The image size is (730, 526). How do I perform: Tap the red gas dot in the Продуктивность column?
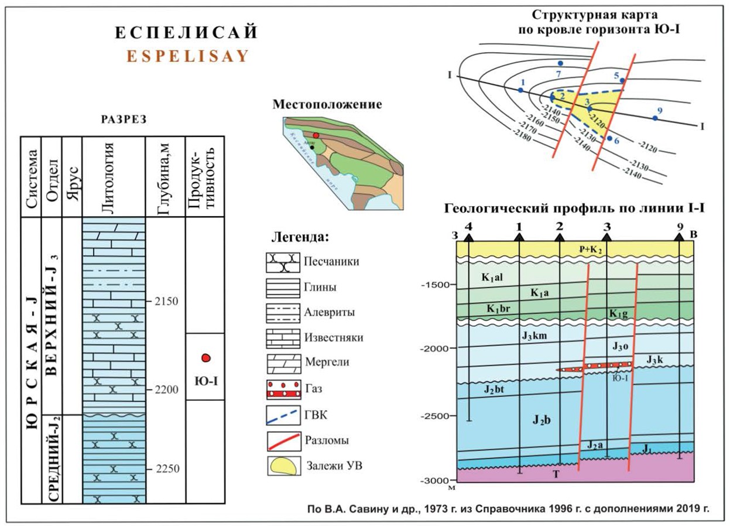coord(205,358)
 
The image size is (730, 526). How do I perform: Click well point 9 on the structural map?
coord(655,118)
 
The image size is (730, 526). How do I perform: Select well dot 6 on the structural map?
coord(610,139)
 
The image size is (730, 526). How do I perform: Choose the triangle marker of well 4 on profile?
coord(468,237)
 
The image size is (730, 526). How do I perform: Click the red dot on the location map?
coord(316,135)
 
